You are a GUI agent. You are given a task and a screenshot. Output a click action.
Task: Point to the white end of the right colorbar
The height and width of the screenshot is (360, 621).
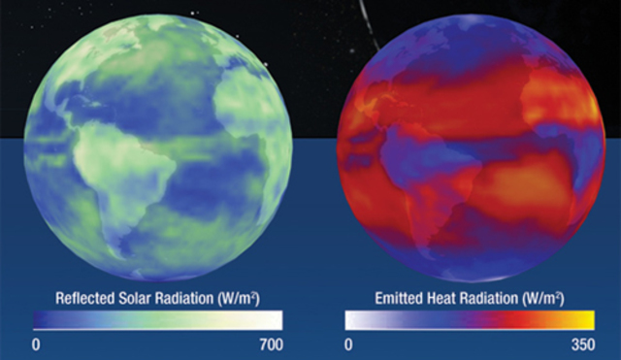353,320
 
